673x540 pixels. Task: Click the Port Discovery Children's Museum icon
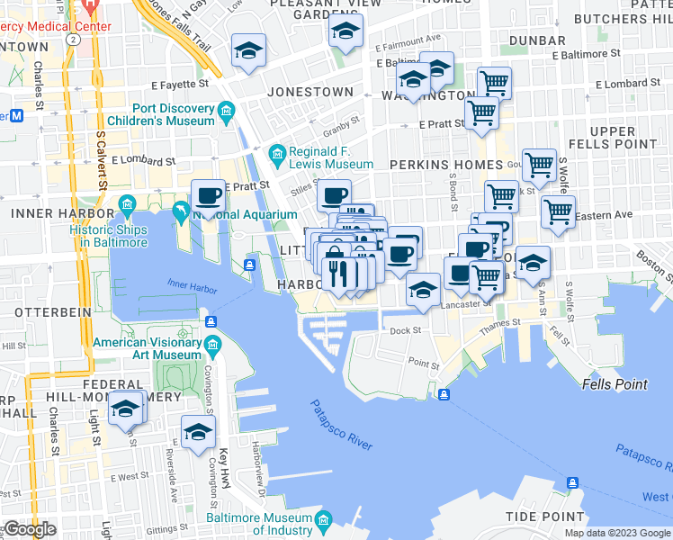[225, 112]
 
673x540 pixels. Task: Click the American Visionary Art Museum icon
[213, 345]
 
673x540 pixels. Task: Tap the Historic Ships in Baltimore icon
[127, 202]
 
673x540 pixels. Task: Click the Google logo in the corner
[30, 529]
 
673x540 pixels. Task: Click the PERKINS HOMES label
[445, 165]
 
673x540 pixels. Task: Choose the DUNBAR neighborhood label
[536, 40]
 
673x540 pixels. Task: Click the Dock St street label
[406, 330]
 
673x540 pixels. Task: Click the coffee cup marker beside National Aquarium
[208, 195]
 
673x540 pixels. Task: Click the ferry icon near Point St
[444, 393]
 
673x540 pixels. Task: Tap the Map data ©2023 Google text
[618, 533]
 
